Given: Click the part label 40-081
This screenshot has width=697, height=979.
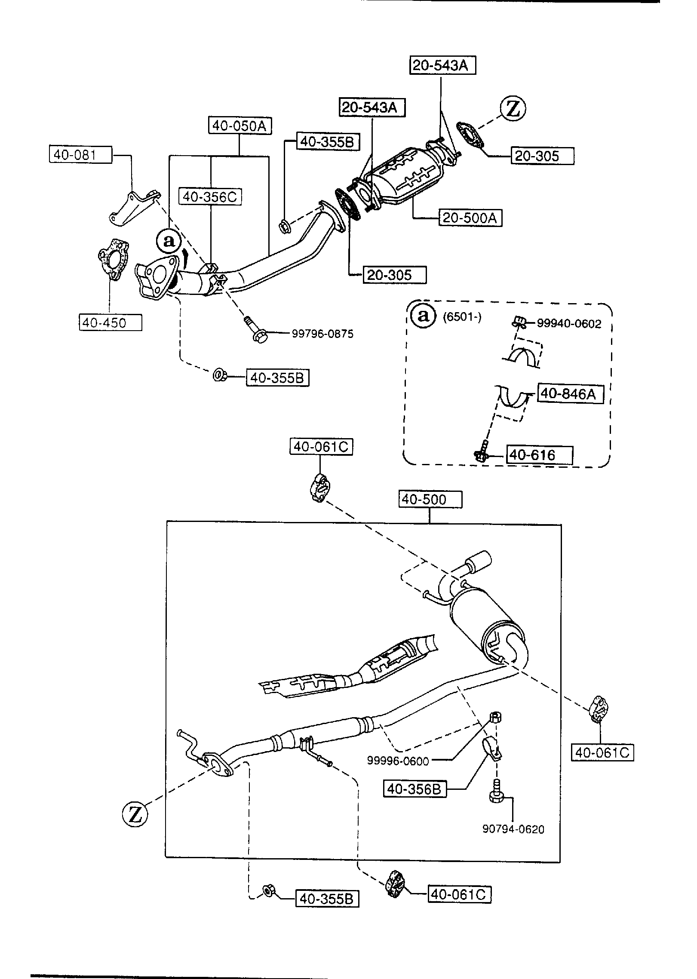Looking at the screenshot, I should coord(80,154).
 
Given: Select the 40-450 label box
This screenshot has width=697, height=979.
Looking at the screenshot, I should coord(110,322).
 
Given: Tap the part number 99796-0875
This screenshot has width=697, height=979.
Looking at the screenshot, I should coord(322,334).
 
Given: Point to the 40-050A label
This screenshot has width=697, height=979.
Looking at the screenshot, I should coord(240,126).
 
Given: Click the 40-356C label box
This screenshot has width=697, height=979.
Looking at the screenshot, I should coord(210,197).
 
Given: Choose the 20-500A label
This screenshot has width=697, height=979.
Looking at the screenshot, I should coord(470,218).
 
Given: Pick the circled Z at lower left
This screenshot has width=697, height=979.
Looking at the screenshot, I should coord(135,815).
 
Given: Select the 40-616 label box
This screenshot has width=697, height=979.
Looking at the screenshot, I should coord(540,455).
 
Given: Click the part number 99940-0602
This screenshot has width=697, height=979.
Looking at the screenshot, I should coord(569,324).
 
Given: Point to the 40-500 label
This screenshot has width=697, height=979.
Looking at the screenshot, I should coord(430,500).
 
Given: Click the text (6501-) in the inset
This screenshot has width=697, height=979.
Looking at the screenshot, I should coord(462,317).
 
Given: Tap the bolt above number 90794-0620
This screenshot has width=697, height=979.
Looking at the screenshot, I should coord(496,790).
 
